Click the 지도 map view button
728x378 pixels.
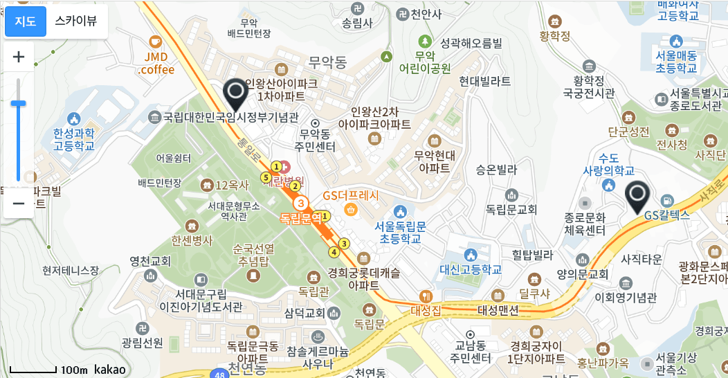point(26,21)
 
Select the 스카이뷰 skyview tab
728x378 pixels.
point(76,21)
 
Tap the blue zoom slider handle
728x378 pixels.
point(19,104)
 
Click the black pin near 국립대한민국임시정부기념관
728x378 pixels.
point(236,93)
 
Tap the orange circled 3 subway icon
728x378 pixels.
point(301,204)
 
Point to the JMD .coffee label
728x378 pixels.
point(156,63)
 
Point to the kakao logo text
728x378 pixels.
point(110,370)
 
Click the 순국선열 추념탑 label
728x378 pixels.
point(253,255)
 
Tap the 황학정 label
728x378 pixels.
point(554,36)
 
